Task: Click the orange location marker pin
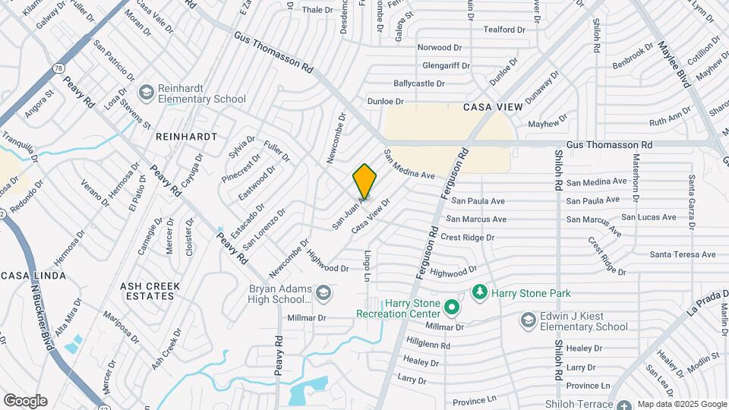(364, 181)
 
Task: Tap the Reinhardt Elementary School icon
(145, 92)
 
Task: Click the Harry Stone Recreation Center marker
(452, 307)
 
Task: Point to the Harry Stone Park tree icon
(479, 292)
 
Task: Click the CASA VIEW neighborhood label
(494, 107)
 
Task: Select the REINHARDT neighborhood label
(186, 137)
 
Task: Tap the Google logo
(25, 401)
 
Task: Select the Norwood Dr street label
(439, 47)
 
